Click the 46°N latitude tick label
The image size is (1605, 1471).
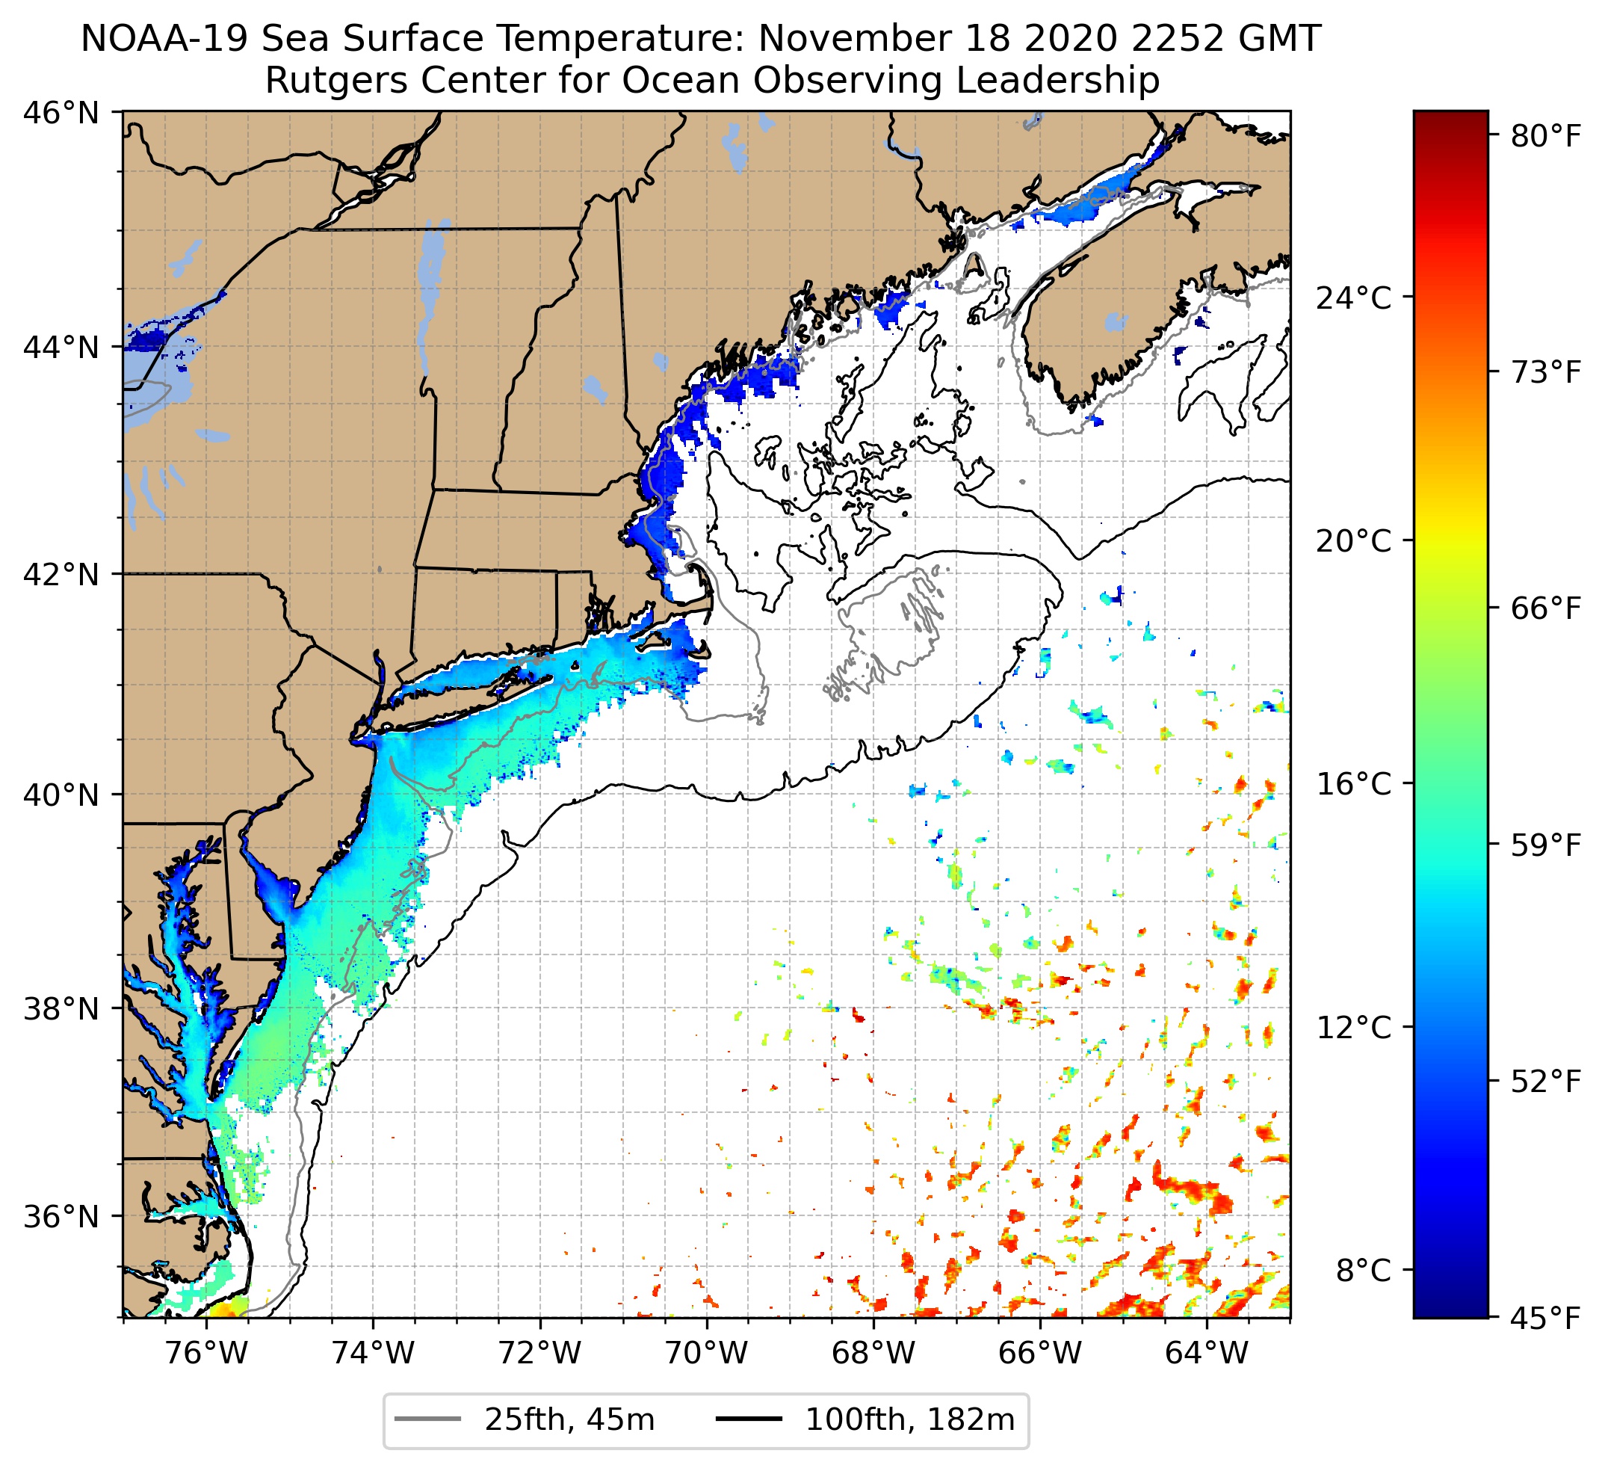(61, 113)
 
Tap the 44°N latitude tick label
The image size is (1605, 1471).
(61, 348)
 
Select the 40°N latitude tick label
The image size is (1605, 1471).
(61, 795)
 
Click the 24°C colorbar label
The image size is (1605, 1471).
(1353, 299)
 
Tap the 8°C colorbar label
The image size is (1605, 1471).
(1363, 1270)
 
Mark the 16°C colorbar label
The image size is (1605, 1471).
(1353, 785)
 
